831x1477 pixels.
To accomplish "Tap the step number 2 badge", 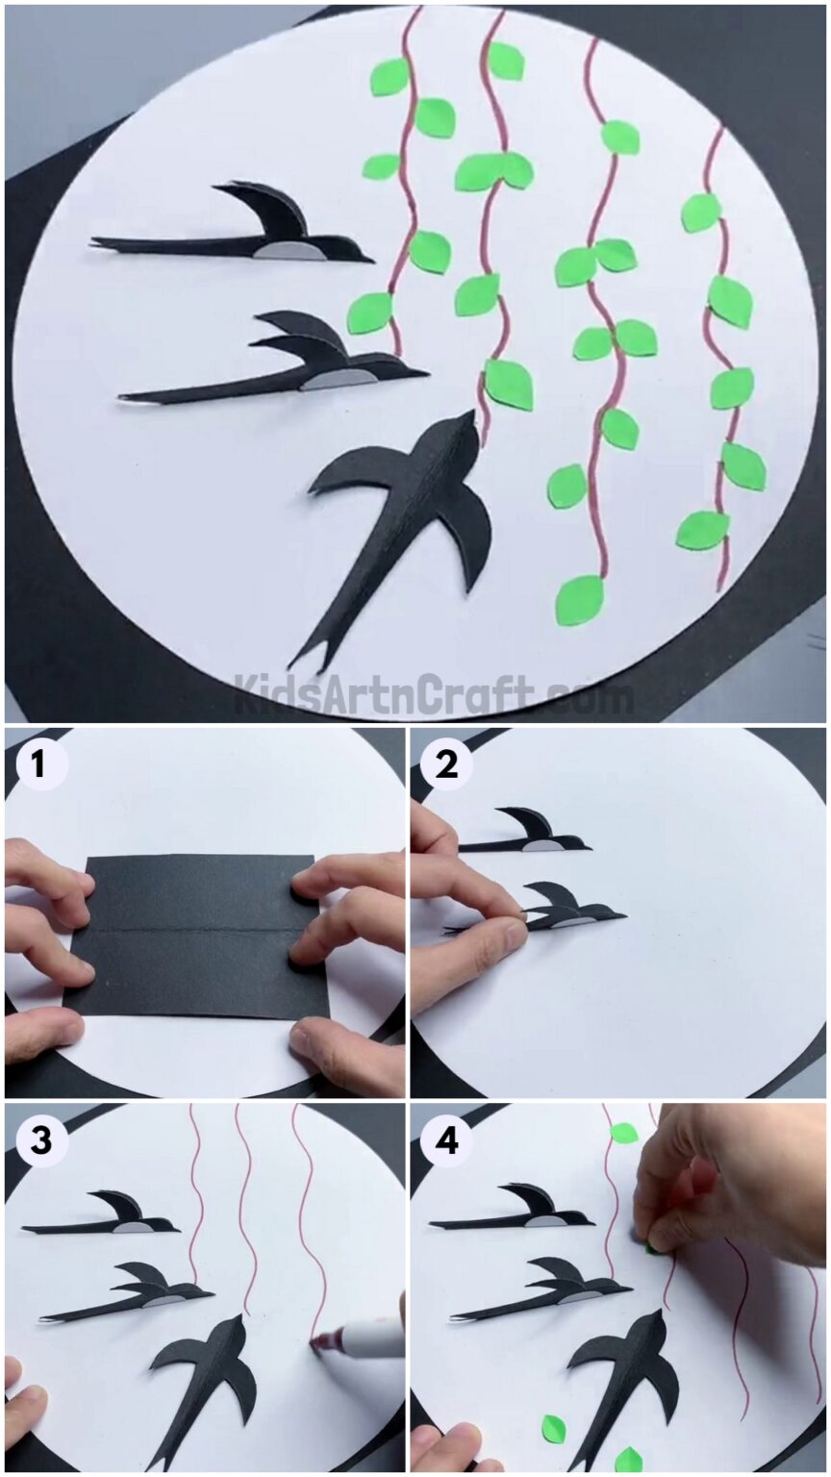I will (447, 765).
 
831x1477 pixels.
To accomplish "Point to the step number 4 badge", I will (447, 1141).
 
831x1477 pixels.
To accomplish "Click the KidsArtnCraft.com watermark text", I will (433, 694).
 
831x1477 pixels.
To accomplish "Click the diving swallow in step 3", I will (207, 1375).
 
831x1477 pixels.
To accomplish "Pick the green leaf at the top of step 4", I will (623, 1133).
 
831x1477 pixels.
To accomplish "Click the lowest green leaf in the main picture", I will (580, 599).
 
